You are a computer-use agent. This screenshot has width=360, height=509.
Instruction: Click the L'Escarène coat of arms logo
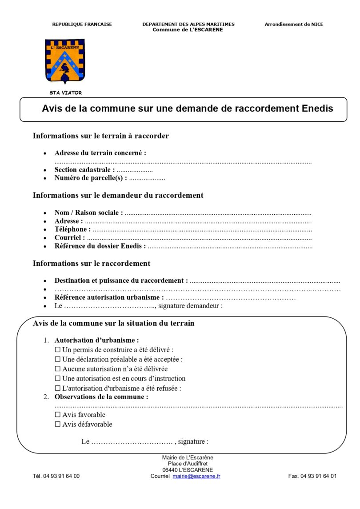pos(64,61)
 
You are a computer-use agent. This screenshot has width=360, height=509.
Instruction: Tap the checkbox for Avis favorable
pos(57,415)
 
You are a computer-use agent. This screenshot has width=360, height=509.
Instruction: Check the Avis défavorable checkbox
pos(57,424)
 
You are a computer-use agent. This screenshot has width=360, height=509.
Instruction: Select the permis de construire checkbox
pos(57,350)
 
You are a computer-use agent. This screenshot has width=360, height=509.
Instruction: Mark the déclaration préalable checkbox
pos(57,359)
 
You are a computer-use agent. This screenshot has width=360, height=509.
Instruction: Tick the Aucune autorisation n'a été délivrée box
pos(57,369)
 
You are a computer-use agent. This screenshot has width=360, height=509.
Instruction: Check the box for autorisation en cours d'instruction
pos(57,378)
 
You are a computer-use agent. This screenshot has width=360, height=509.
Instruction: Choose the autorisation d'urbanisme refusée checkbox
pos(57,388)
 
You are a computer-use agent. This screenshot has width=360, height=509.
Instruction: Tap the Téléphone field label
pos(72,229)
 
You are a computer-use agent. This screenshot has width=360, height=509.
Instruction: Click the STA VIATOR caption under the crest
pos(65,93)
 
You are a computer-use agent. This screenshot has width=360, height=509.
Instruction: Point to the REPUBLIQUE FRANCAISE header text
pos(82,24)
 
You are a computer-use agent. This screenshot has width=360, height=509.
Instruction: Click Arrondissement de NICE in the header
pos(294,24)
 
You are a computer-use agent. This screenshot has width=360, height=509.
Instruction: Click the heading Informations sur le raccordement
pos(92,264)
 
